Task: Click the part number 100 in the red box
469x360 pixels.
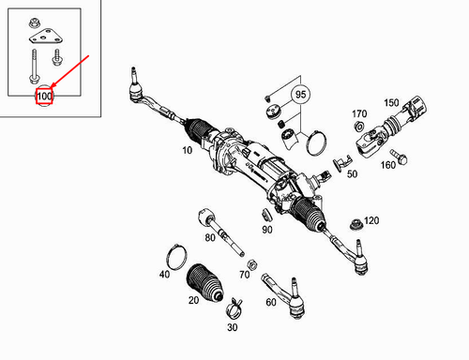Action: pos(44,96)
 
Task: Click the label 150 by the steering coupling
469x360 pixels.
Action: pos(391,101)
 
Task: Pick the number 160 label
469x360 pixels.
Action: pos(387,165)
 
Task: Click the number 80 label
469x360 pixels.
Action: pos(210,237)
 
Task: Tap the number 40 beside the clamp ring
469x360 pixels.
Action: pos(164,275)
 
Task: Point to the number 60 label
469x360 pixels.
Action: pos(270,303)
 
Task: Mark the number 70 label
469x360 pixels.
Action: pos(244,276)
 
